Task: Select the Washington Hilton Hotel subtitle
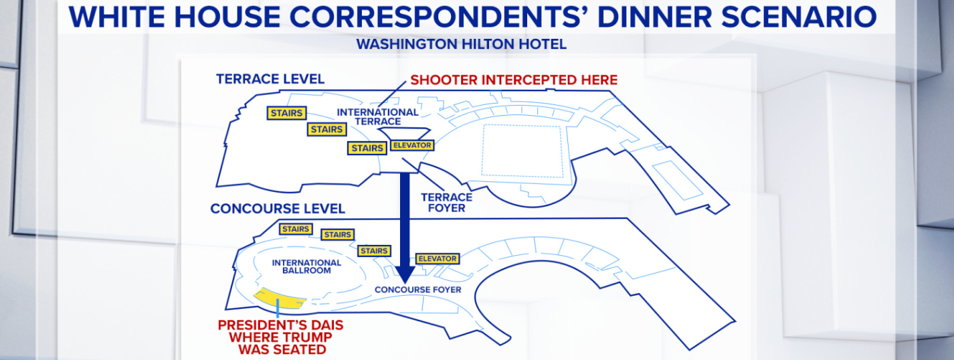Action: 461,44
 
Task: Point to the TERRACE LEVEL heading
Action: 270,79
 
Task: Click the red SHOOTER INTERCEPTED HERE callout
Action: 514,80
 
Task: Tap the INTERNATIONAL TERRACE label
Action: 377,116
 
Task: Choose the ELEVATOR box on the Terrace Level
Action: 412,145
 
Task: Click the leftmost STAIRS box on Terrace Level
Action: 286,113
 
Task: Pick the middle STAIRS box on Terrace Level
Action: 326,129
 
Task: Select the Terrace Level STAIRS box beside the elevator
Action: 367,148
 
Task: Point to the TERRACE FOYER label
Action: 446,202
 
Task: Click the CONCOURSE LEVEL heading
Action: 278,209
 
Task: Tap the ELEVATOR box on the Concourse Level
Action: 437,258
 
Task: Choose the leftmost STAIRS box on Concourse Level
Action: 295,229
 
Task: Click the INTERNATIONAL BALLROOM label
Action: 306,266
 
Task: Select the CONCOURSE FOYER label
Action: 417,290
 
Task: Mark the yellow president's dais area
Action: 280,298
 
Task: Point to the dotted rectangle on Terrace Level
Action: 522,152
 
